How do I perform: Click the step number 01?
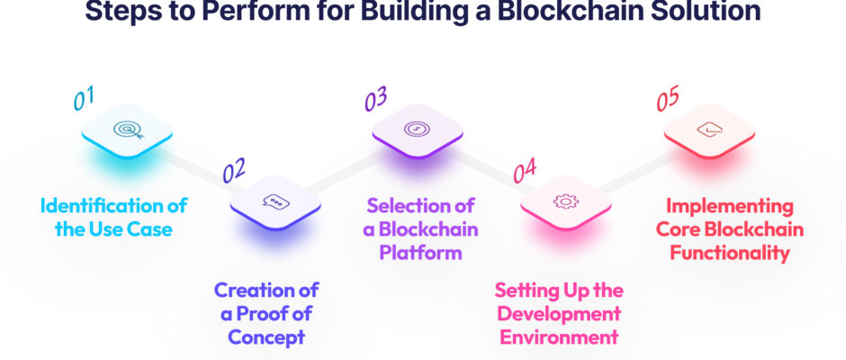84,99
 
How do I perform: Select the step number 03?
375,99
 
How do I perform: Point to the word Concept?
266,337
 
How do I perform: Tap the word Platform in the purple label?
420,253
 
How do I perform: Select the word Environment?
559,337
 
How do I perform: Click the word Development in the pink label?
559,314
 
